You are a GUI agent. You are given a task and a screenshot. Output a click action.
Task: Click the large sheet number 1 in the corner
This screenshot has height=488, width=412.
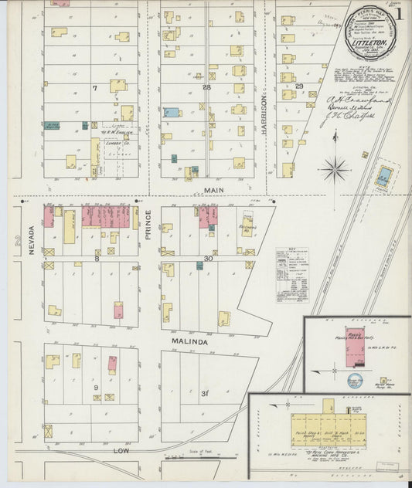400,17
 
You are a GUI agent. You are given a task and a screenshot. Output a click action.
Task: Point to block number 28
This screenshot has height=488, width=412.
206,87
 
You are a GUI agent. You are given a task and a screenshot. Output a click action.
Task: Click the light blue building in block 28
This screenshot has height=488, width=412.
171,112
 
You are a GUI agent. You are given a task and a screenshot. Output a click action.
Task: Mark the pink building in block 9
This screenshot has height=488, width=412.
113,364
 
